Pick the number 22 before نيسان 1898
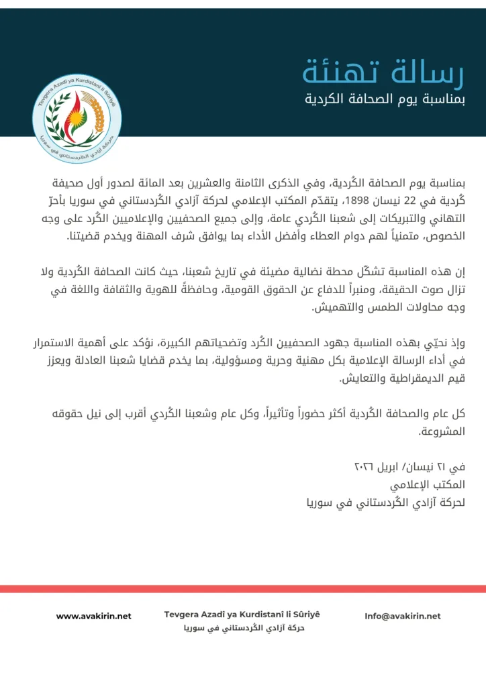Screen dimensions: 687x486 394,200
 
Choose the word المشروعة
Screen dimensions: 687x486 443,432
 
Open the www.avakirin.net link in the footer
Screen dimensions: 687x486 93,616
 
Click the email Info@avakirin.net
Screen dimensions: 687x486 403,616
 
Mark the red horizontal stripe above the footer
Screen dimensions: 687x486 243,588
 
